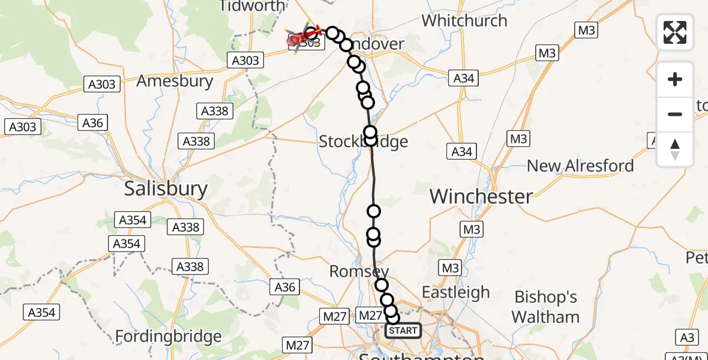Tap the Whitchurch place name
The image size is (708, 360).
(464, 20)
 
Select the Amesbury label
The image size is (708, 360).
(175, 81)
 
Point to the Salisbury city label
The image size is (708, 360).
(166, 189)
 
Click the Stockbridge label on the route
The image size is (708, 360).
(363, 142)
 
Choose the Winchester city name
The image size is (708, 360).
(481, 196)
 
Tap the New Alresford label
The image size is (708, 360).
(580, 166)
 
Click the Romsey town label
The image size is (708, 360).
(359, 271)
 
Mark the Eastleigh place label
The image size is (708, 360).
(456, 292)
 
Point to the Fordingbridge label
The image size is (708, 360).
(168, 336)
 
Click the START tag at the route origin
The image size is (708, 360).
(403, 331)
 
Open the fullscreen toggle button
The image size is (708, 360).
(675, 32)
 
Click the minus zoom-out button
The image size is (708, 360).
(675, 114)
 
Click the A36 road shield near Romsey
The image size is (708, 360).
(284, 287)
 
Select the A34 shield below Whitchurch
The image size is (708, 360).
(464, 77)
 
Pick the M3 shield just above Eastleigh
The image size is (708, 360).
(449, 267)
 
